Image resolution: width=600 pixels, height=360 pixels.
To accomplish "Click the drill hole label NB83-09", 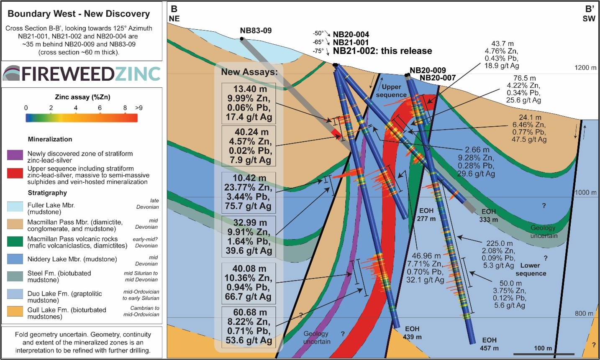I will pyautogui.click(x=256, y=31).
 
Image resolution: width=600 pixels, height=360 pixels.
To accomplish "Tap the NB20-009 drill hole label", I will pyautogui.click(x=428, y=70).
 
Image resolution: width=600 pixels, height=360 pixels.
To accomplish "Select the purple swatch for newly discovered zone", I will pyautogui.click(x=15, y=155).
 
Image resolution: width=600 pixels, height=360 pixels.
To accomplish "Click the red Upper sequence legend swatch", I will pyautogui.click(x=15, y=172).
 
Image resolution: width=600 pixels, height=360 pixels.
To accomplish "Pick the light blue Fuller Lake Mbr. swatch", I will pyautogui.click(x=15, y=207).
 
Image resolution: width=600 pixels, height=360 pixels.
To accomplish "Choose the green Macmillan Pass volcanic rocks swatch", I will pyautogui.click(x=15, y=242).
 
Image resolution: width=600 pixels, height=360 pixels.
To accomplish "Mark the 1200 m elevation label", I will pyautogui.click(x=585, y=68).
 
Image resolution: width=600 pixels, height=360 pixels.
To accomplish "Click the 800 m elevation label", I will pyautogui.click(x=584, y=314).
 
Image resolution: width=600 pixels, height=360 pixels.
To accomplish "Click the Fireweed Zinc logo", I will pyautogui.click(x=82, y=74).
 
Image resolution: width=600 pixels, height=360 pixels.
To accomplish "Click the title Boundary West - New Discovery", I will pyautogui.click(x=79, y=14).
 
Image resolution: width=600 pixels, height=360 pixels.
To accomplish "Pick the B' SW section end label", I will pyautogui.click(x=589, y=14).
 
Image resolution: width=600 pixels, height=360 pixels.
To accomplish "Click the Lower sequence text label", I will pyautogui.click(x=531, y=269).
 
